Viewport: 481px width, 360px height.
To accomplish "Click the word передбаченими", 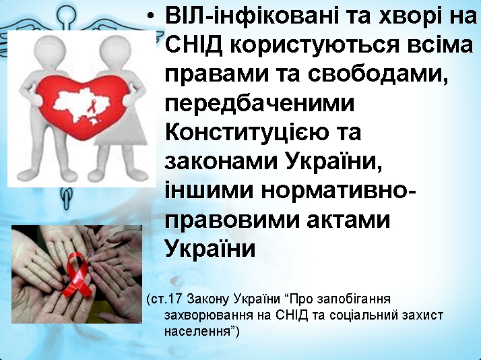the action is (259, 104).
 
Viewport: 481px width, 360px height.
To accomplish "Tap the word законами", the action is (221, 161).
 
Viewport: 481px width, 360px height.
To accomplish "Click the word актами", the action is (348, 220).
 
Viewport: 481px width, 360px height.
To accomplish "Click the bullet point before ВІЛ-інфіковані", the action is (150, 16).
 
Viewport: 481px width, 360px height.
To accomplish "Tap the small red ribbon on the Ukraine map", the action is (91, 107).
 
